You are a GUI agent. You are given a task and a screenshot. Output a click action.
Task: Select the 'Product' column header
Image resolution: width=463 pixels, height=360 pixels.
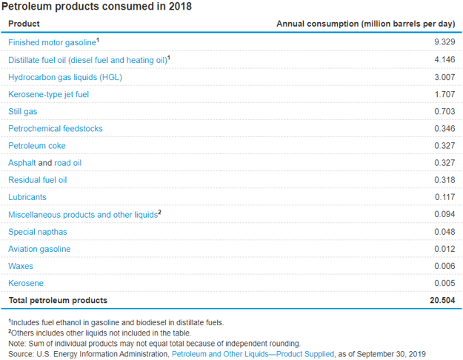click(24, 24)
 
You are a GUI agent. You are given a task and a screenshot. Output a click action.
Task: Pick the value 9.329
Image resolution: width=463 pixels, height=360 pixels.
click(444, 42)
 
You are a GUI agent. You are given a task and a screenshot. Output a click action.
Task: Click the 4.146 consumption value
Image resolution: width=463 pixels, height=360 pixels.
click(444, 59)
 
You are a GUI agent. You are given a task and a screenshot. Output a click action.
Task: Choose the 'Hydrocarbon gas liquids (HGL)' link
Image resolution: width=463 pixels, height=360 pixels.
click(65, 77)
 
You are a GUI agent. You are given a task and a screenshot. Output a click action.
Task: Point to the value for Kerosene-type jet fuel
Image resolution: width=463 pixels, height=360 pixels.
click(444, 94)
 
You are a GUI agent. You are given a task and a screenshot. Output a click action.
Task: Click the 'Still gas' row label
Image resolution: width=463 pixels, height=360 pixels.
click(23, 111)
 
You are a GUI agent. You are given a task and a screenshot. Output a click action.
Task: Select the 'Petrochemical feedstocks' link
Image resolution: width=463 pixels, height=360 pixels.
click(56, 129)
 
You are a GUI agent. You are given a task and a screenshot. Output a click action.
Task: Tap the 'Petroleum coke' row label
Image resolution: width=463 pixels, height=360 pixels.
click(37, 146)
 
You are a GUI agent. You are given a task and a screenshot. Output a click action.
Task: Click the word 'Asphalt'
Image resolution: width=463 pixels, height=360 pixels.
click(21, 163)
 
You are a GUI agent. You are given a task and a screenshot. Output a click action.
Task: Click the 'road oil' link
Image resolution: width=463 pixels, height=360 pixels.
click(67, 163)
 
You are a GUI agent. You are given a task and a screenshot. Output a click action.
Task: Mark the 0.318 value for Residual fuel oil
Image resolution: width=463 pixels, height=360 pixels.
click(444, 180)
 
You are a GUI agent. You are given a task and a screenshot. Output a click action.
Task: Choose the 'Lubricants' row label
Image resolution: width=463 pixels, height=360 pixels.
click(27, 197)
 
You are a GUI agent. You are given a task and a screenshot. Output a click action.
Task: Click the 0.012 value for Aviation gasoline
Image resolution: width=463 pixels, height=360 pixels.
click(444, 249)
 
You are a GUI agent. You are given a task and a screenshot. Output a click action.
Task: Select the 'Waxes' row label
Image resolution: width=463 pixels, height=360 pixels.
click(21, 266)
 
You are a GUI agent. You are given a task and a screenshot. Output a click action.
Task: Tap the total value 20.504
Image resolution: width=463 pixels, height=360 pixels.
click(442, 300)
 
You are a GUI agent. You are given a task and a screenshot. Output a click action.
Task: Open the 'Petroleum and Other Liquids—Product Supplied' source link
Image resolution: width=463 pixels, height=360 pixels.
click(253, 353)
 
